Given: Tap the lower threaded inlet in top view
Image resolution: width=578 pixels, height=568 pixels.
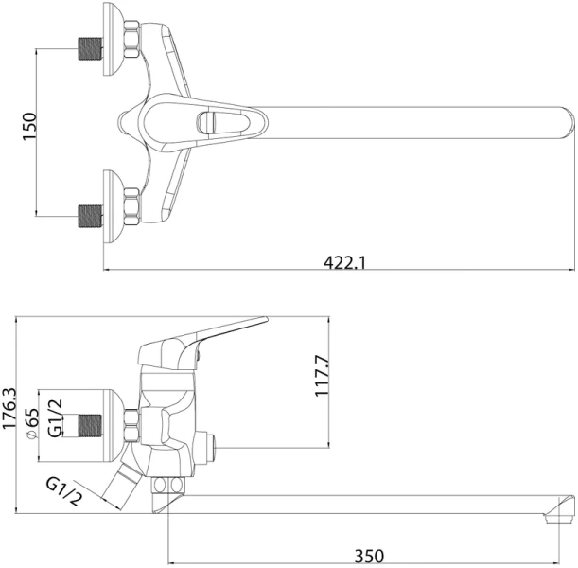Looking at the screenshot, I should point(91,213).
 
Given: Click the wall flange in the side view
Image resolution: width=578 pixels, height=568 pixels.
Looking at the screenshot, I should point(123,417).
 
